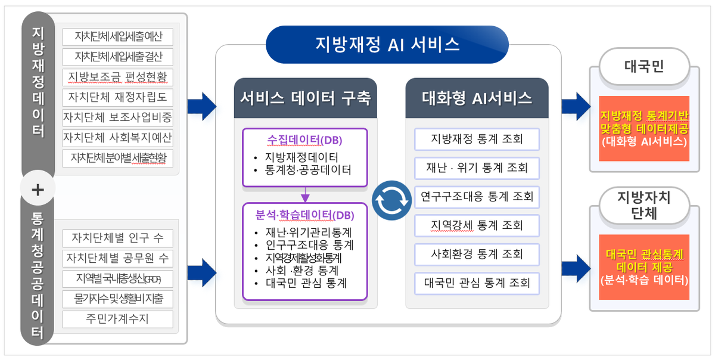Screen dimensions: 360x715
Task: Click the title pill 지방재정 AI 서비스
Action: pyautogui.click(x=387, y=44)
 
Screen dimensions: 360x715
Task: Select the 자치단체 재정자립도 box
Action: pyautogui.click(x=117, y=97)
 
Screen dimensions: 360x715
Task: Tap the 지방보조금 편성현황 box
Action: pyautogui.click(x=117, y=76)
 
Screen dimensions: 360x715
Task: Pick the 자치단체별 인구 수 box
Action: pyautogui.click(x=117, y=238)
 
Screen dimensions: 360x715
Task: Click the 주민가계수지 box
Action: pyautogui.click(x=117, y=319)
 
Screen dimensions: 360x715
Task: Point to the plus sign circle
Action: pyautogui.click(x=38, y=190)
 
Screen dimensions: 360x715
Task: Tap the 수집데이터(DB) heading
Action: pyautogui.click(x=304, y=140)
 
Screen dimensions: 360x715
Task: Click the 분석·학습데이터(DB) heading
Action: pyautogui.click(x=304, y=215)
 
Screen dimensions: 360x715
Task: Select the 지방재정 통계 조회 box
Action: pyautogui.click(x=477, y=139)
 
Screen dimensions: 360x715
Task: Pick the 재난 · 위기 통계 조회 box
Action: pyautogui.click(x=477, y=168)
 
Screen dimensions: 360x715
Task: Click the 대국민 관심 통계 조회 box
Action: pyautogui.click(x=477, y=283)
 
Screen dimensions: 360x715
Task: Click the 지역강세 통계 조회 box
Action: pyautogui.click(x=477, y=225)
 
